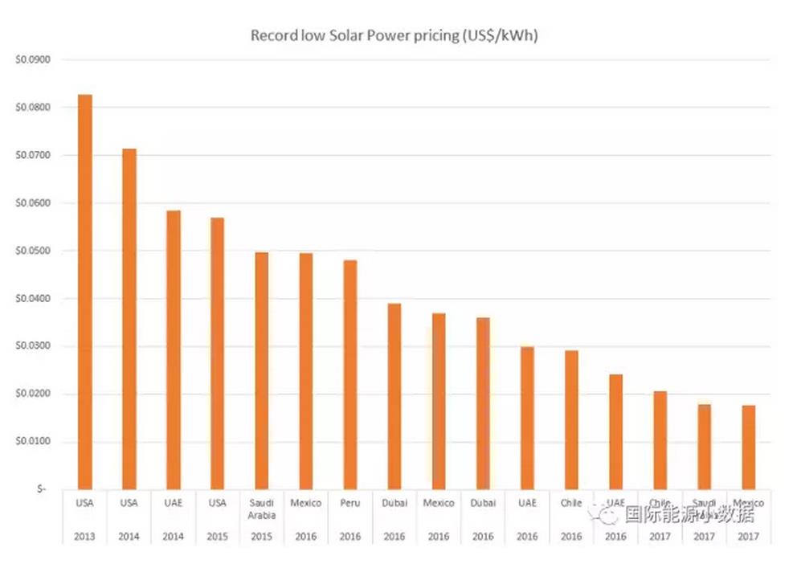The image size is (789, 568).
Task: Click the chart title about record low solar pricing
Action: tap(394, 35)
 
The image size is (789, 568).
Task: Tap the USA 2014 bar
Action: tap(129, 318)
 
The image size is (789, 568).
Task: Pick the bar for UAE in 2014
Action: tap(173, 349)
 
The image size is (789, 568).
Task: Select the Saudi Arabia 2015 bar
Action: tap(261, 370)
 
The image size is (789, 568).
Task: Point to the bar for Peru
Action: tap(350, 374)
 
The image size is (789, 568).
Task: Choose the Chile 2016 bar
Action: tap(571, 419)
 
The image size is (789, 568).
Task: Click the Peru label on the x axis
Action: tap(350, 503)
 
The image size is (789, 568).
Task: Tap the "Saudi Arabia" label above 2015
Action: tap(261, 509)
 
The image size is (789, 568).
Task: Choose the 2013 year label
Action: tap(84, 536)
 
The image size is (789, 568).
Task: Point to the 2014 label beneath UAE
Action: tap(173, 536)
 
